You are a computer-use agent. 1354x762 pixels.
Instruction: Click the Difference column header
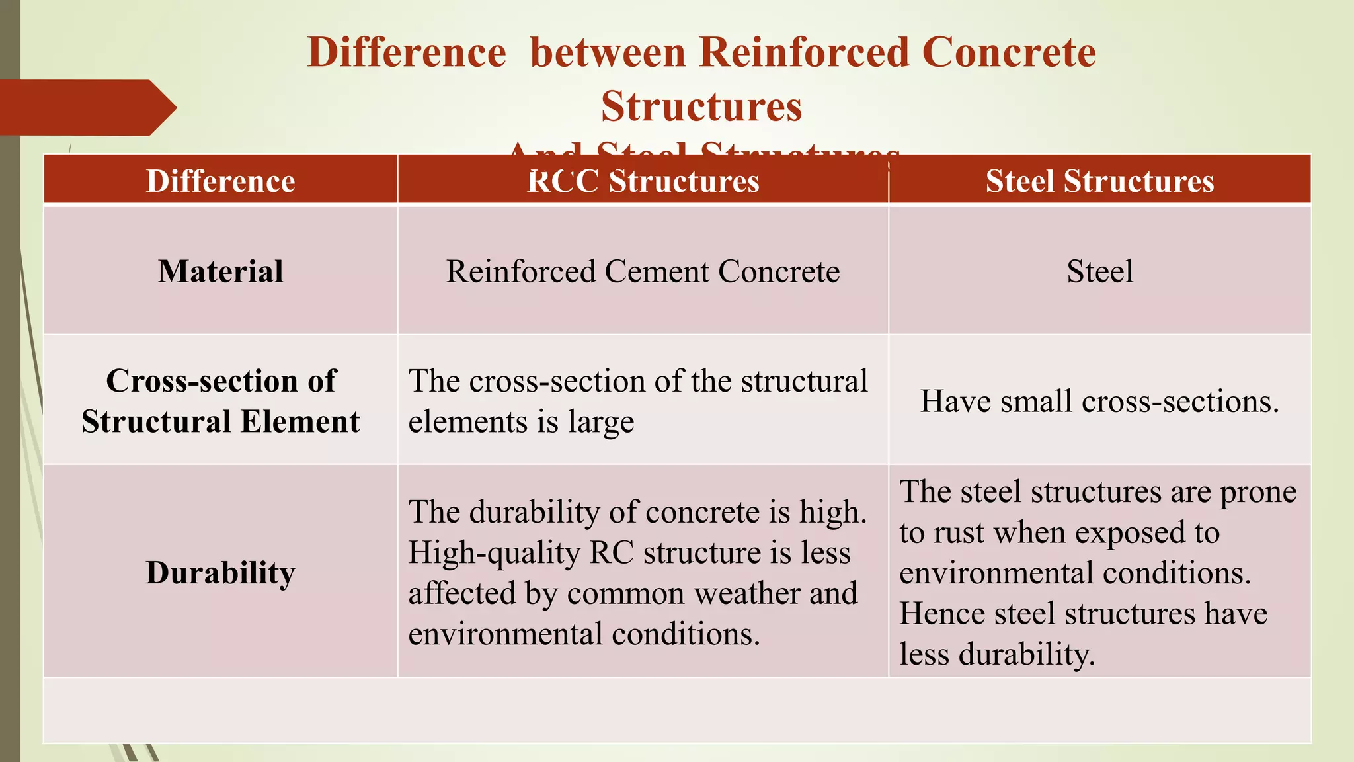220,181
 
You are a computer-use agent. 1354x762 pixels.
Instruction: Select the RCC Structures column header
643,181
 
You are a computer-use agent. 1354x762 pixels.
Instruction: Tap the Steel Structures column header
1099,181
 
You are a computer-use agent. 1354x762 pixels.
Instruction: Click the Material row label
220,271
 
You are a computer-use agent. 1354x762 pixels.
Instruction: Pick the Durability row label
220,572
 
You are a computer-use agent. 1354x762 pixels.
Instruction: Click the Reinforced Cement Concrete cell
643,271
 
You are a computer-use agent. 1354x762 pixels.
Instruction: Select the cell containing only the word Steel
1099,271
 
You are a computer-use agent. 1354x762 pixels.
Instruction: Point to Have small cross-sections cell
1099,401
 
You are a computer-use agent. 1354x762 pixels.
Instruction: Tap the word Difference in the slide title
407,52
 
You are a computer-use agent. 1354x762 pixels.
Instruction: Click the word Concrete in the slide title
1008,52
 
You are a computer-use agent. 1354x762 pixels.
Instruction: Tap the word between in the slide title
608,52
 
